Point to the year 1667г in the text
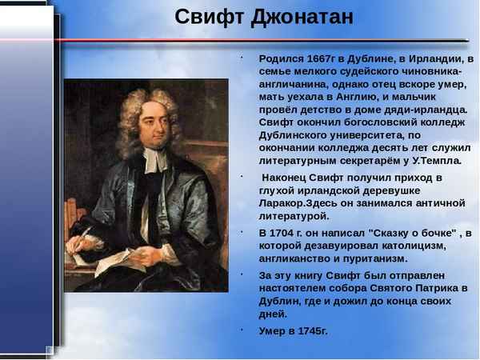pyautogui.click(x=322, y=59)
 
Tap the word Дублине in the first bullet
pyautogui.click(x=374, y=59)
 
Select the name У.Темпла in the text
pyautogui.click(x=438, y=160)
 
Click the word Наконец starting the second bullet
pyautogui.click(x=286, y=177)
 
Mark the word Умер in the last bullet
pyautogui.click(x=272, y=330)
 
